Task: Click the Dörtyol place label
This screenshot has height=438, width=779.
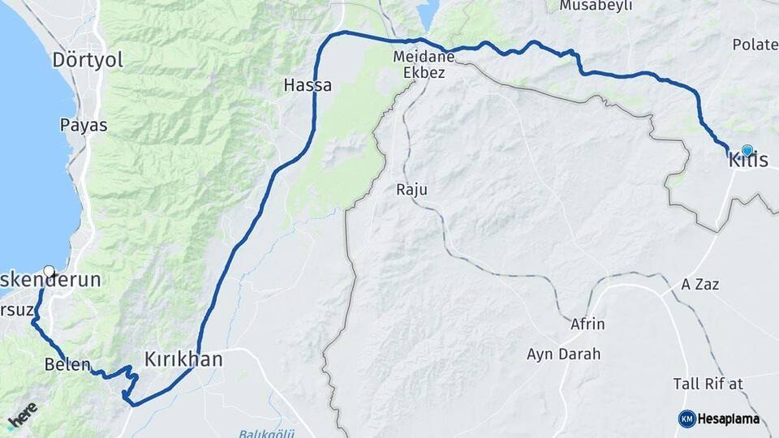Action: pos(88,60)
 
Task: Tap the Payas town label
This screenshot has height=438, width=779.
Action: pos(84,125)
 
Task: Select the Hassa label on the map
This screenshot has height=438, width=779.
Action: pos(308,84)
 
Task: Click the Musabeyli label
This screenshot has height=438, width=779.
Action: pos(595,6)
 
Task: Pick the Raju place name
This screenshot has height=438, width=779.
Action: pos(411,190)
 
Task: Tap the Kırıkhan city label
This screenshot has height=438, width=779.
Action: pos(183,359)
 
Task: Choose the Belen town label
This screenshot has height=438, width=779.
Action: pos(67,365)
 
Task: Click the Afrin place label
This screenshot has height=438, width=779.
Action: pos(588,324)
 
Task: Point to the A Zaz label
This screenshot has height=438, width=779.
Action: pos(700,285)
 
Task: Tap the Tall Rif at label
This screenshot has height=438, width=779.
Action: pos(708,383)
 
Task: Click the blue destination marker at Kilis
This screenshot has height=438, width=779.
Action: pos(747,151)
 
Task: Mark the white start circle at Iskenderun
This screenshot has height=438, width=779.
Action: pos(49,272)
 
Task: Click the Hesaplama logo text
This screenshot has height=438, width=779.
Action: pos(730,419)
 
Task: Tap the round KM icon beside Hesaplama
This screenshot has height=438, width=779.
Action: pos(686,419)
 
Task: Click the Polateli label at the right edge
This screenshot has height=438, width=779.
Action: pos(755,45)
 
